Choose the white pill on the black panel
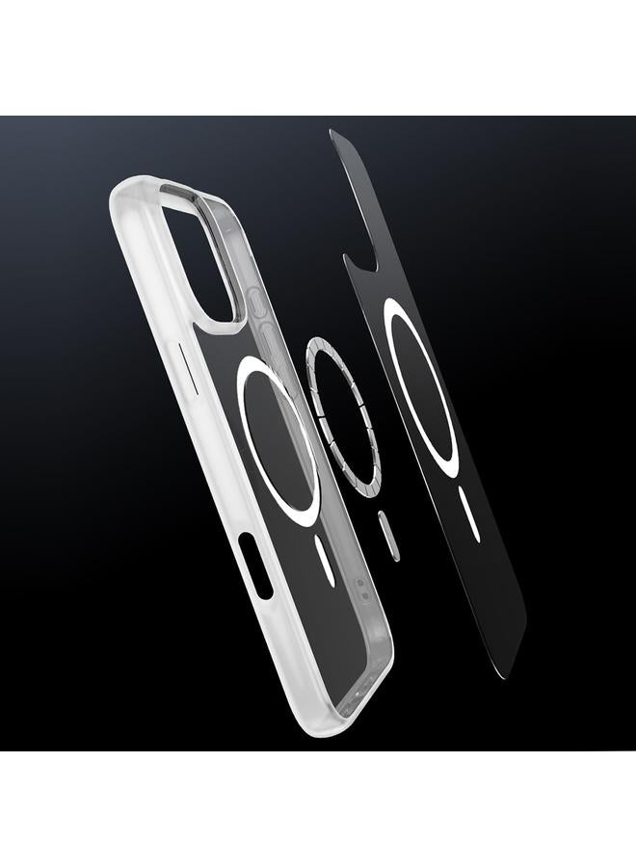[x=469, y=516]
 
